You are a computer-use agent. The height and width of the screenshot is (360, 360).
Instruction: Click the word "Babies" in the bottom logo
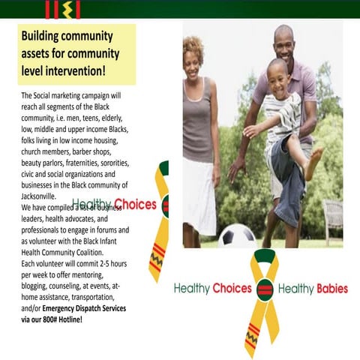click(331, 289)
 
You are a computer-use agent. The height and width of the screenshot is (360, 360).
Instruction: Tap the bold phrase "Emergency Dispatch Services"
click(84, 308)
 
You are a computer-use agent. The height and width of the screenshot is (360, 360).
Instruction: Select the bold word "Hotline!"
click(65, 319)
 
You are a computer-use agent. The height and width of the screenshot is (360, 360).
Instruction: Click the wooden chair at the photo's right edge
click(332, 217)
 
